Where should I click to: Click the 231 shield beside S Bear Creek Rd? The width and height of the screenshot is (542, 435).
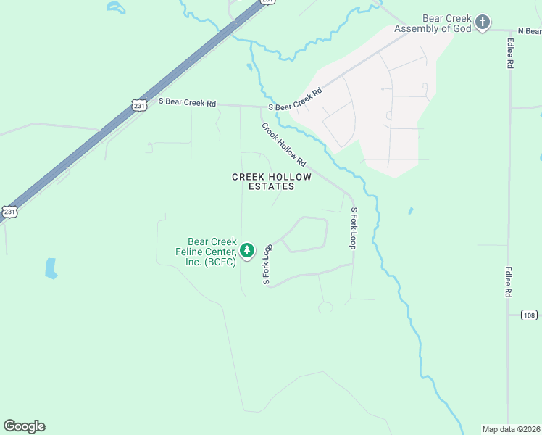(139, 105)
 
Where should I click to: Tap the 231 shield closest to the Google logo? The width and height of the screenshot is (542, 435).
(9, 212)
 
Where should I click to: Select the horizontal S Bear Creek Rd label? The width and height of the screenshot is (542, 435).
(187, 102)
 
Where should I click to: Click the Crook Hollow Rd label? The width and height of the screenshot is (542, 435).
(284, 144)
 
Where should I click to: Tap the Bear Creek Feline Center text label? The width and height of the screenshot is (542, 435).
(212, 252)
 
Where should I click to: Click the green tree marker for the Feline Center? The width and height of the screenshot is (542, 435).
(248, 250)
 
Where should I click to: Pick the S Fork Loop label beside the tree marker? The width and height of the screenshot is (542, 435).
(267, 263)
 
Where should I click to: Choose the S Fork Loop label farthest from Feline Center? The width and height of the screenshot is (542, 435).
(354, 228)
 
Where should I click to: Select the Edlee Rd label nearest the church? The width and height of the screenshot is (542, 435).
(510, 53)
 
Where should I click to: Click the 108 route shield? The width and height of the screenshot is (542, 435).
(530, 315)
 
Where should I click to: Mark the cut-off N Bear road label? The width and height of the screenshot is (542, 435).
(529, 31)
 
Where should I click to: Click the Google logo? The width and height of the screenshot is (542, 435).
(24, 426)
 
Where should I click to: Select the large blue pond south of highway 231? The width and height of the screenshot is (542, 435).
(51, 268)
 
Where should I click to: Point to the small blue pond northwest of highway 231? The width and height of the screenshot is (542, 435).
(114, 7)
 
